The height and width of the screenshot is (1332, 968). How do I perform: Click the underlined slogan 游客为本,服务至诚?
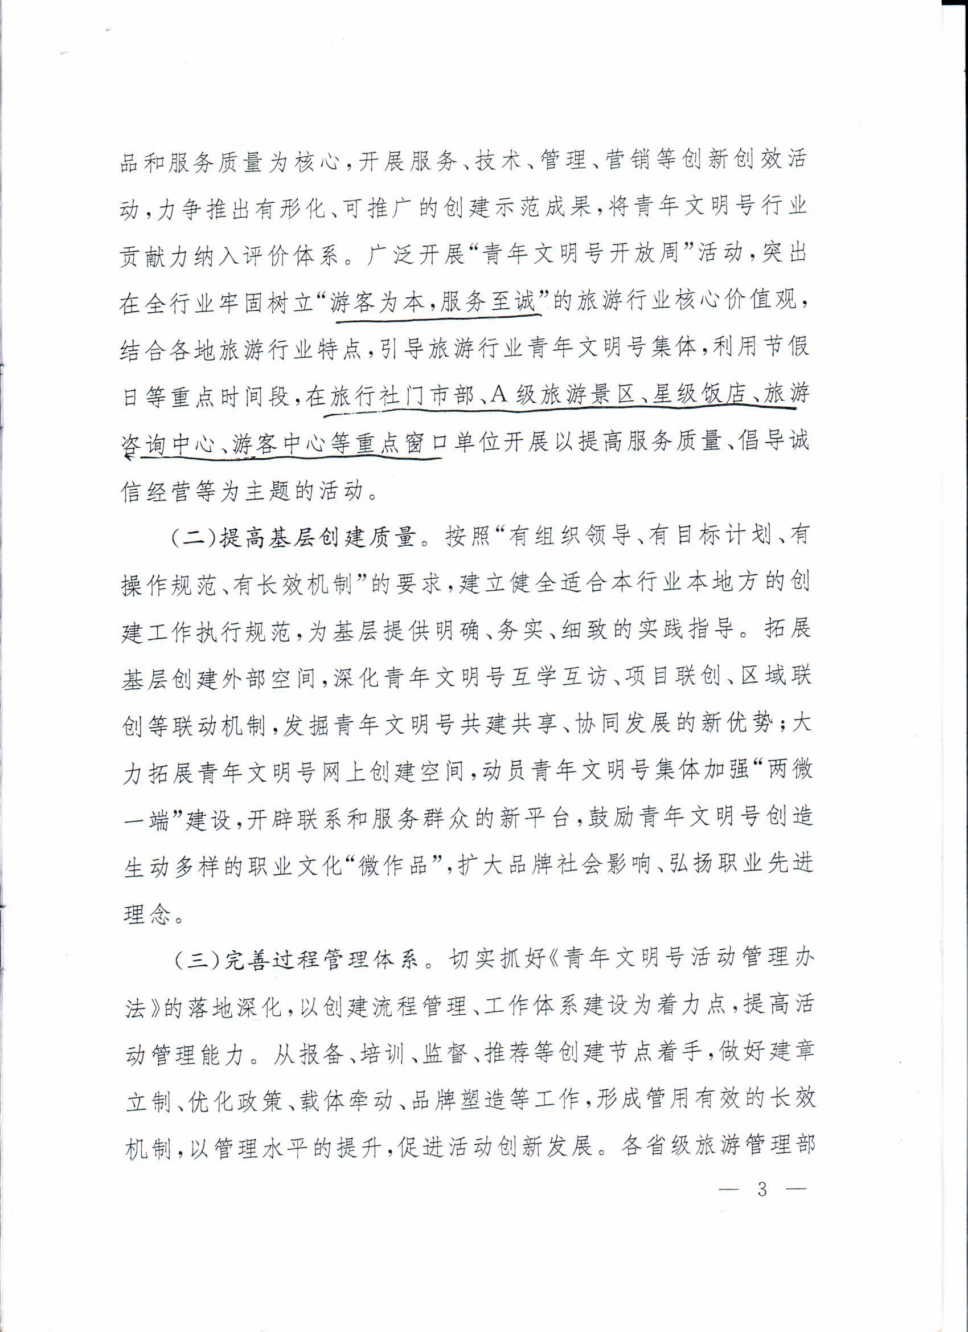click(434, 303)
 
